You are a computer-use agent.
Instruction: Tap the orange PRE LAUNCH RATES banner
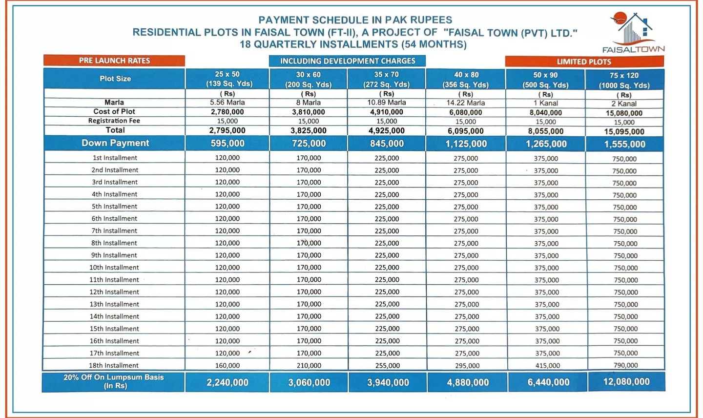[x=114, y=61]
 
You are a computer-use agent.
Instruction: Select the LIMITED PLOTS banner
[x=584, y=62]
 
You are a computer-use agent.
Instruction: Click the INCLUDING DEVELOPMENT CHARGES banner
[x=348, y=61]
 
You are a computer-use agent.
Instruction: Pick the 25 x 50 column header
[x=227, y=79]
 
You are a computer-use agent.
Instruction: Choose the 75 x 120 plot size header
[x=624, y=81]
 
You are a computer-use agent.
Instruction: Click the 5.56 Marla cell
[x=227, y=103]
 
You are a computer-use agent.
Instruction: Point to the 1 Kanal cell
[x=546, y=103]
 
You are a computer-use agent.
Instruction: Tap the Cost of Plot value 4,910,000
[x=387, y=112]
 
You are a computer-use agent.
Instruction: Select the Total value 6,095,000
[x=466, y=131]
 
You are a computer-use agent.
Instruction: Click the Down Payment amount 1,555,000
[x=625, y=145]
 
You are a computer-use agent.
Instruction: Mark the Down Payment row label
[x=115, y=143]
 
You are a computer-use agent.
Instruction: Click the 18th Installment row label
[x=114, y=365]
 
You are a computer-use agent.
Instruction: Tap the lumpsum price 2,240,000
[x=227, y=382]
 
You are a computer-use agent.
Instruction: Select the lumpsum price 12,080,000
[x=626, y=381]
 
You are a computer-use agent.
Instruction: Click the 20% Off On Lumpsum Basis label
[x=114, y=381]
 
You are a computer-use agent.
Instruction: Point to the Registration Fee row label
[x=114, y=121]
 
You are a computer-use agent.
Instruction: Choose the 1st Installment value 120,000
[x=227, y=158]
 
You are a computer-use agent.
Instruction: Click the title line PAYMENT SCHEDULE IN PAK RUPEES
[x=355, y=20]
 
